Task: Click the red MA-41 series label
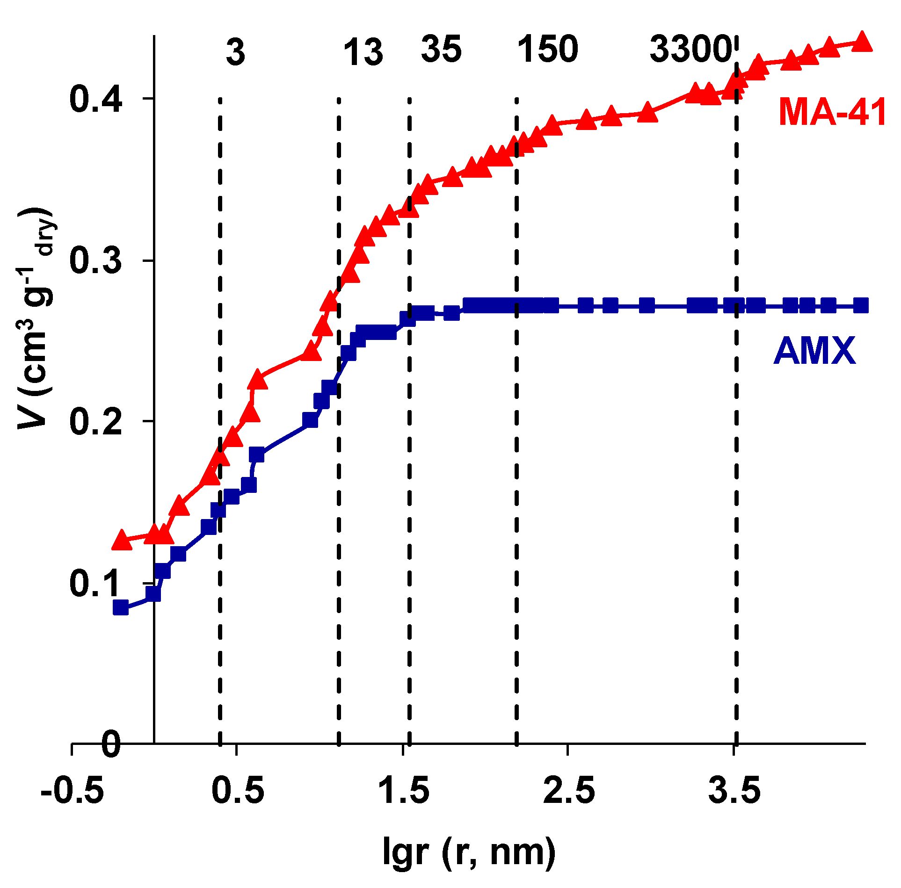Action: [832, 113]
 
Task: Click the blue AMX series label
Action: [814, 351]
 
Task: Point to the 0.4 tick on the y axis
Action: [96, 99]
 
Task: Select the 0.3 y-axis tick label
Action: [96, 260]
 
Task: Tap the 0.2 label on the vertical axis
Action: [96, 421]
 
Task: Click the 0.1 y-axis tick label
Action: [96, 583]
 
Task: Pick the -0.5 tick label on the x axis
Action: [72, 790]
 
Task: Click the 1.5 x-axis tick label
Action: [403, 790]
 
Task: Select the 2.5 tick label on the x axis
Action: [568, 790]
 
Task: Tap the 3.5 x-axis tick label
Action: [734, 790]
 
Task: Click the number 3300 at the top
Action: [690, 50]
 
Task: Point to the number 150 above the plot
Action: [547, 50]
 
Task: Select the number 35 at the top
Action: [441, 50]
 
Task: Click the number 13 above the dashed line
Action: [363, 52]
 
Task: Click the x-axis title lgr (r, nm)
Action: [469, 851]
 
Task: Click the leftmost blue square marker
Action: [121, 607]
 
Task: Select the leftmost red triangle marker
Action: [122, 540]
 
